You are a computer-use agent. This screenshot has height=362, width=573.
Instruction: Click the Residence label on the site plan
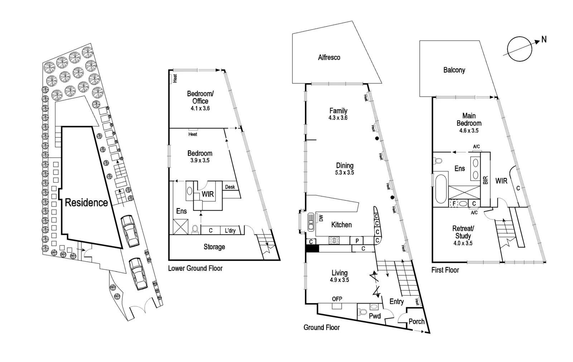coord(86,203)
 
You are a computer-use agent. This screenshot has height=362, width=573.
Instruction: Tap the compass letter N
coord(544,39)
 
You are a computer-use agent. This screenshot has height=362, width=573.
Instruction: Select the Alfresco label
coord(329,57)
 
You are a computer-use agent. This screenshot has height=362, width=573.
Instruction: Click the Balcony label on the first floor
coord(454,70)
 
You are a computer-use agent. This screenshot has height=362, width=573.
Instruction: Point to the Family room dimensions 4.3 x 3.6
coord(338,118)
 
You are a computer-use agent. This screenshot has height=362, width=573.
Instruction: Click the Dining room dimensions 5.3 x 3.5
coord(345,173)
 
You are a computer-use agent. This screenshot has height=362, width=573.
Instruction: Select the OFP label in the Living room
coord(337,299)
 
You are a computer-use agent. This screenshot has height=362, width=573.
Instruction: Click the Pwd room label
coord(375,316)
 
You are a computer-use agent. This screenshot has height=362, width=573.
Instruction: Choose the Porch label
coord(416,321)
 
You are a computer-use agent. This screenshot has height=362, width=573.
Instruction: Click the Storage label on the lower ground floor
coord(214,247)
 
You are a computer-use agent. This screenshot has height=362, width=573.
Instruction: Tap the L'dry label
coord(230,230)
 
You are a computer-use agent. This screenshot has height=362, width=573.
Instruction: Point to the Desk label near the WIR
coord(230,187)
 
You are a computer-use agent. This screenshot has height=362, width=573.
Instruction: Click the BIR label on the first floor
coord(485,180)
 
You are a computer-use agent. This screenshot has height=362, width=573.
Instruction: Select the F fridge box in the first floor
coord(454,203)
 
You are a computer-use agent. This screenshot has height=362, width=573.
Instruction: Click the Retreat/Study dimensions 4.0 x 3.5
coord(463,243)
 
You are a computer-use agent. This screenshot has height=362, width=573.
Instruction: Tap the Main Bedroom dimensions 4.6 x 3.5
coord(469,131)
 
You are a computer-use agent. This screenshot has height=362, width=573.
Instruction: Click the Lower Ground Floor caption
coord(195,268)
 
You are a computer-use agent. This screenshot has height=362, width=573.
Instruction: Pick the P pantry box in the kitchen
coord(357,241)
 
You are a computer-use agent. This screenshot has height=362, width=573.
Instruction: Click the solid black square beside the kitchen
coord(312,248)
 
